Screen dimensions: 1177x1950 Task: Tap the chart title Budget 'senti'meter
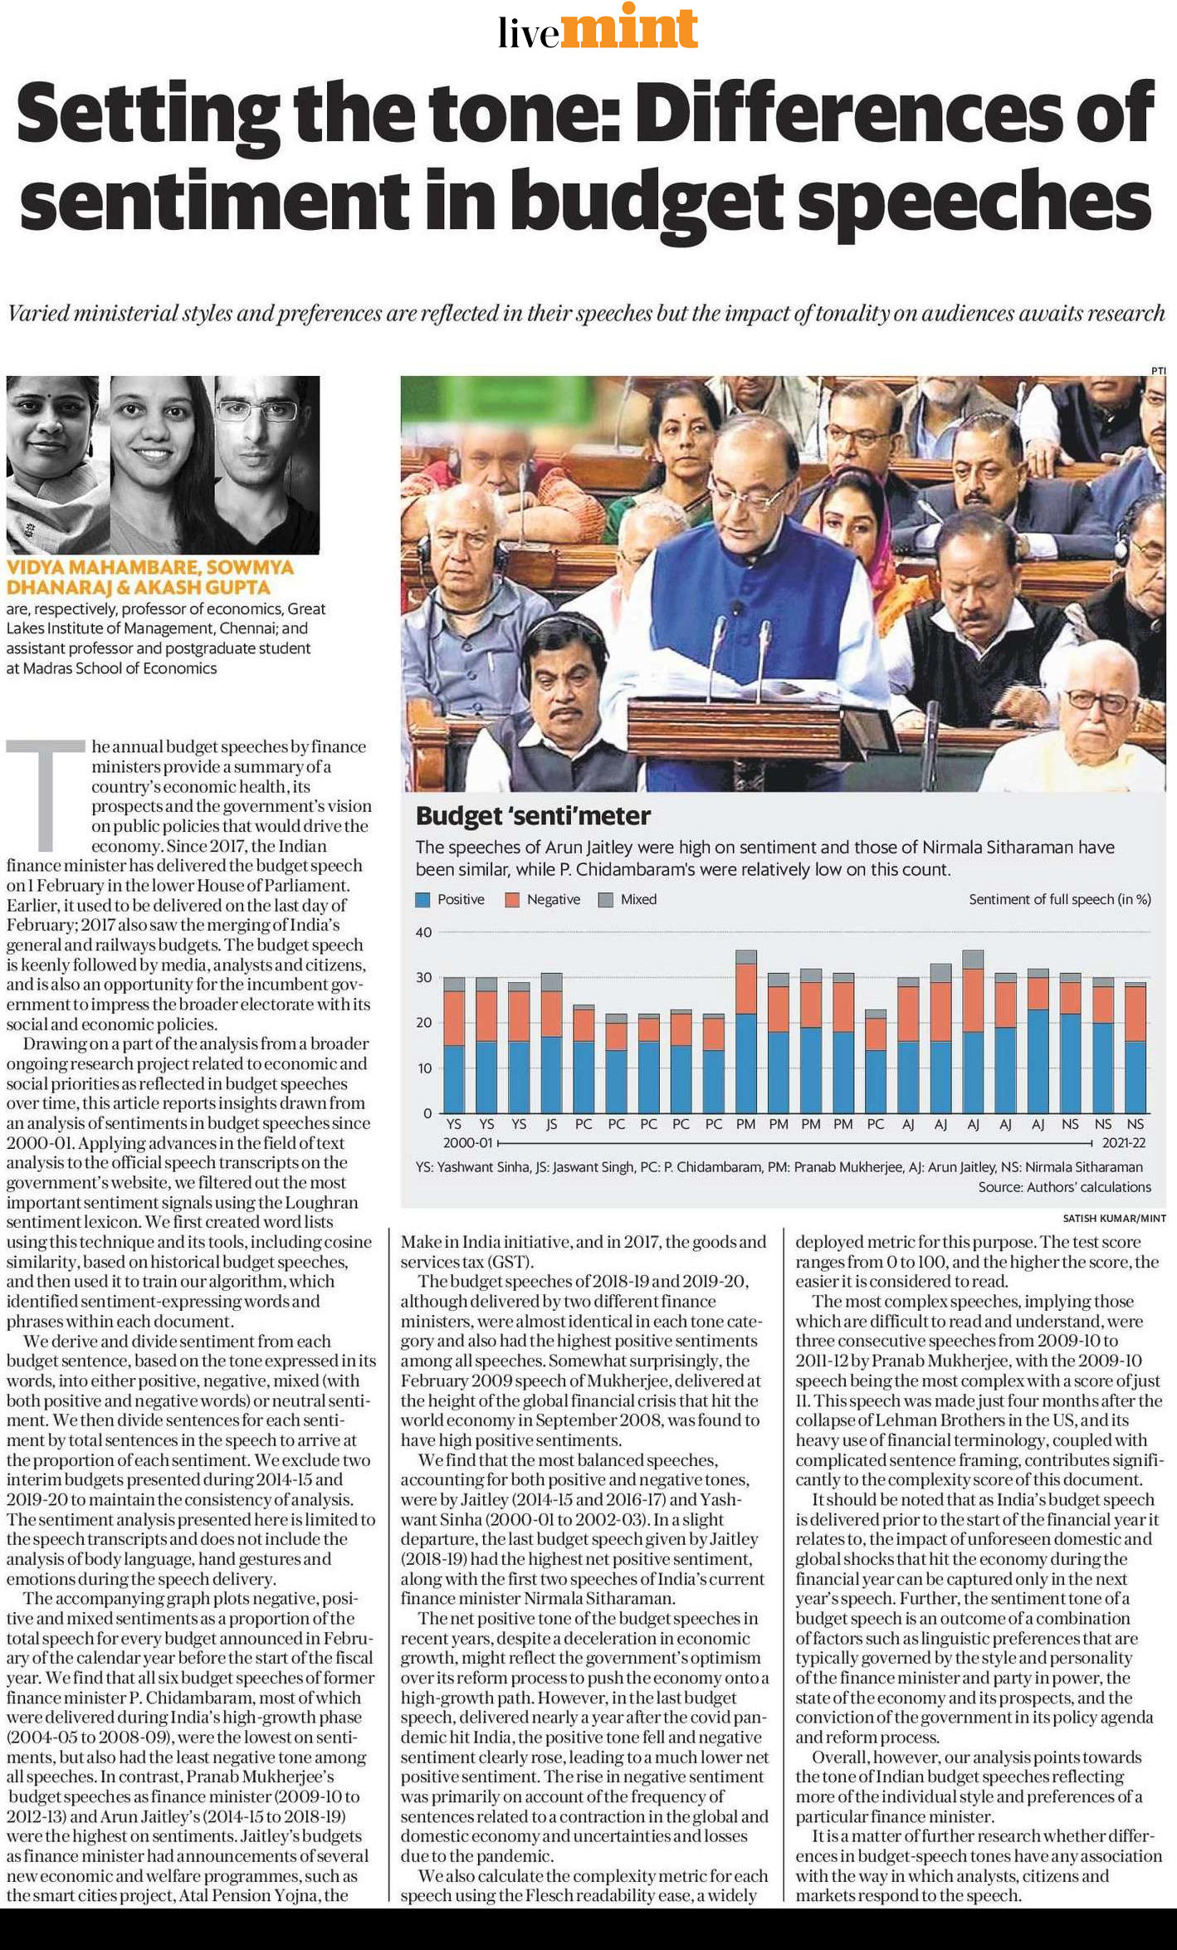[533, 815]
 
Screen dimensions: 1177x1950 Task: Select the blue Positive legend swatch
[422, 899]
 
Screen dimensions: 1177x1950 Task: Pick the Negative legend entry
[543, 899]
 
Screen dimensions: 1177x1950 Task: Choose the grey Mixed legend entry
[628, 899]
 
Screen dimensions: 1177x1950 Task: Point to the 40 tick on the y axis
[423, 932]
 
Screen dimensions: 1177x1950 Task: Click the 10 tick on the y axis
[423, 1068]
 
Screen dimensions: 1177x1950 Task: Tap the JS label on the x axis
[551, 1124]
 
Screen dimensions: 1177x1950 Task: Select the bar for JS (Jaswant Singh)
[551, 1043]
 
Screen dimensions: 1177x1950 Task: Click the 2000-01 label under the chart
[468, 1143]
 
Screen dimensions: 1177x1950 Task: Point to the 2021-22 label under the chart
[1124, 1143]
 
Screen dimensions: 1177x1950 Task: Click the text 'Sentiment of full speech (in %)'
[1060, 899]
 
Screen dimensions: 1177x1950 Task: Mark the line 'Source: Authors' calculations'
[1064, 1187]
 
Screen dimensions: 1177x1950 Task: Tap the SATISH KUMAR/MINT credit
[1114, 1219]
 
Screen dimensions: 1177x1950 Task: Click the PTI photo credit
[1159, 370]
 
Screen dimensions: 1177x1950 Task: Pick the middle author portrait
[162, 465]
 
